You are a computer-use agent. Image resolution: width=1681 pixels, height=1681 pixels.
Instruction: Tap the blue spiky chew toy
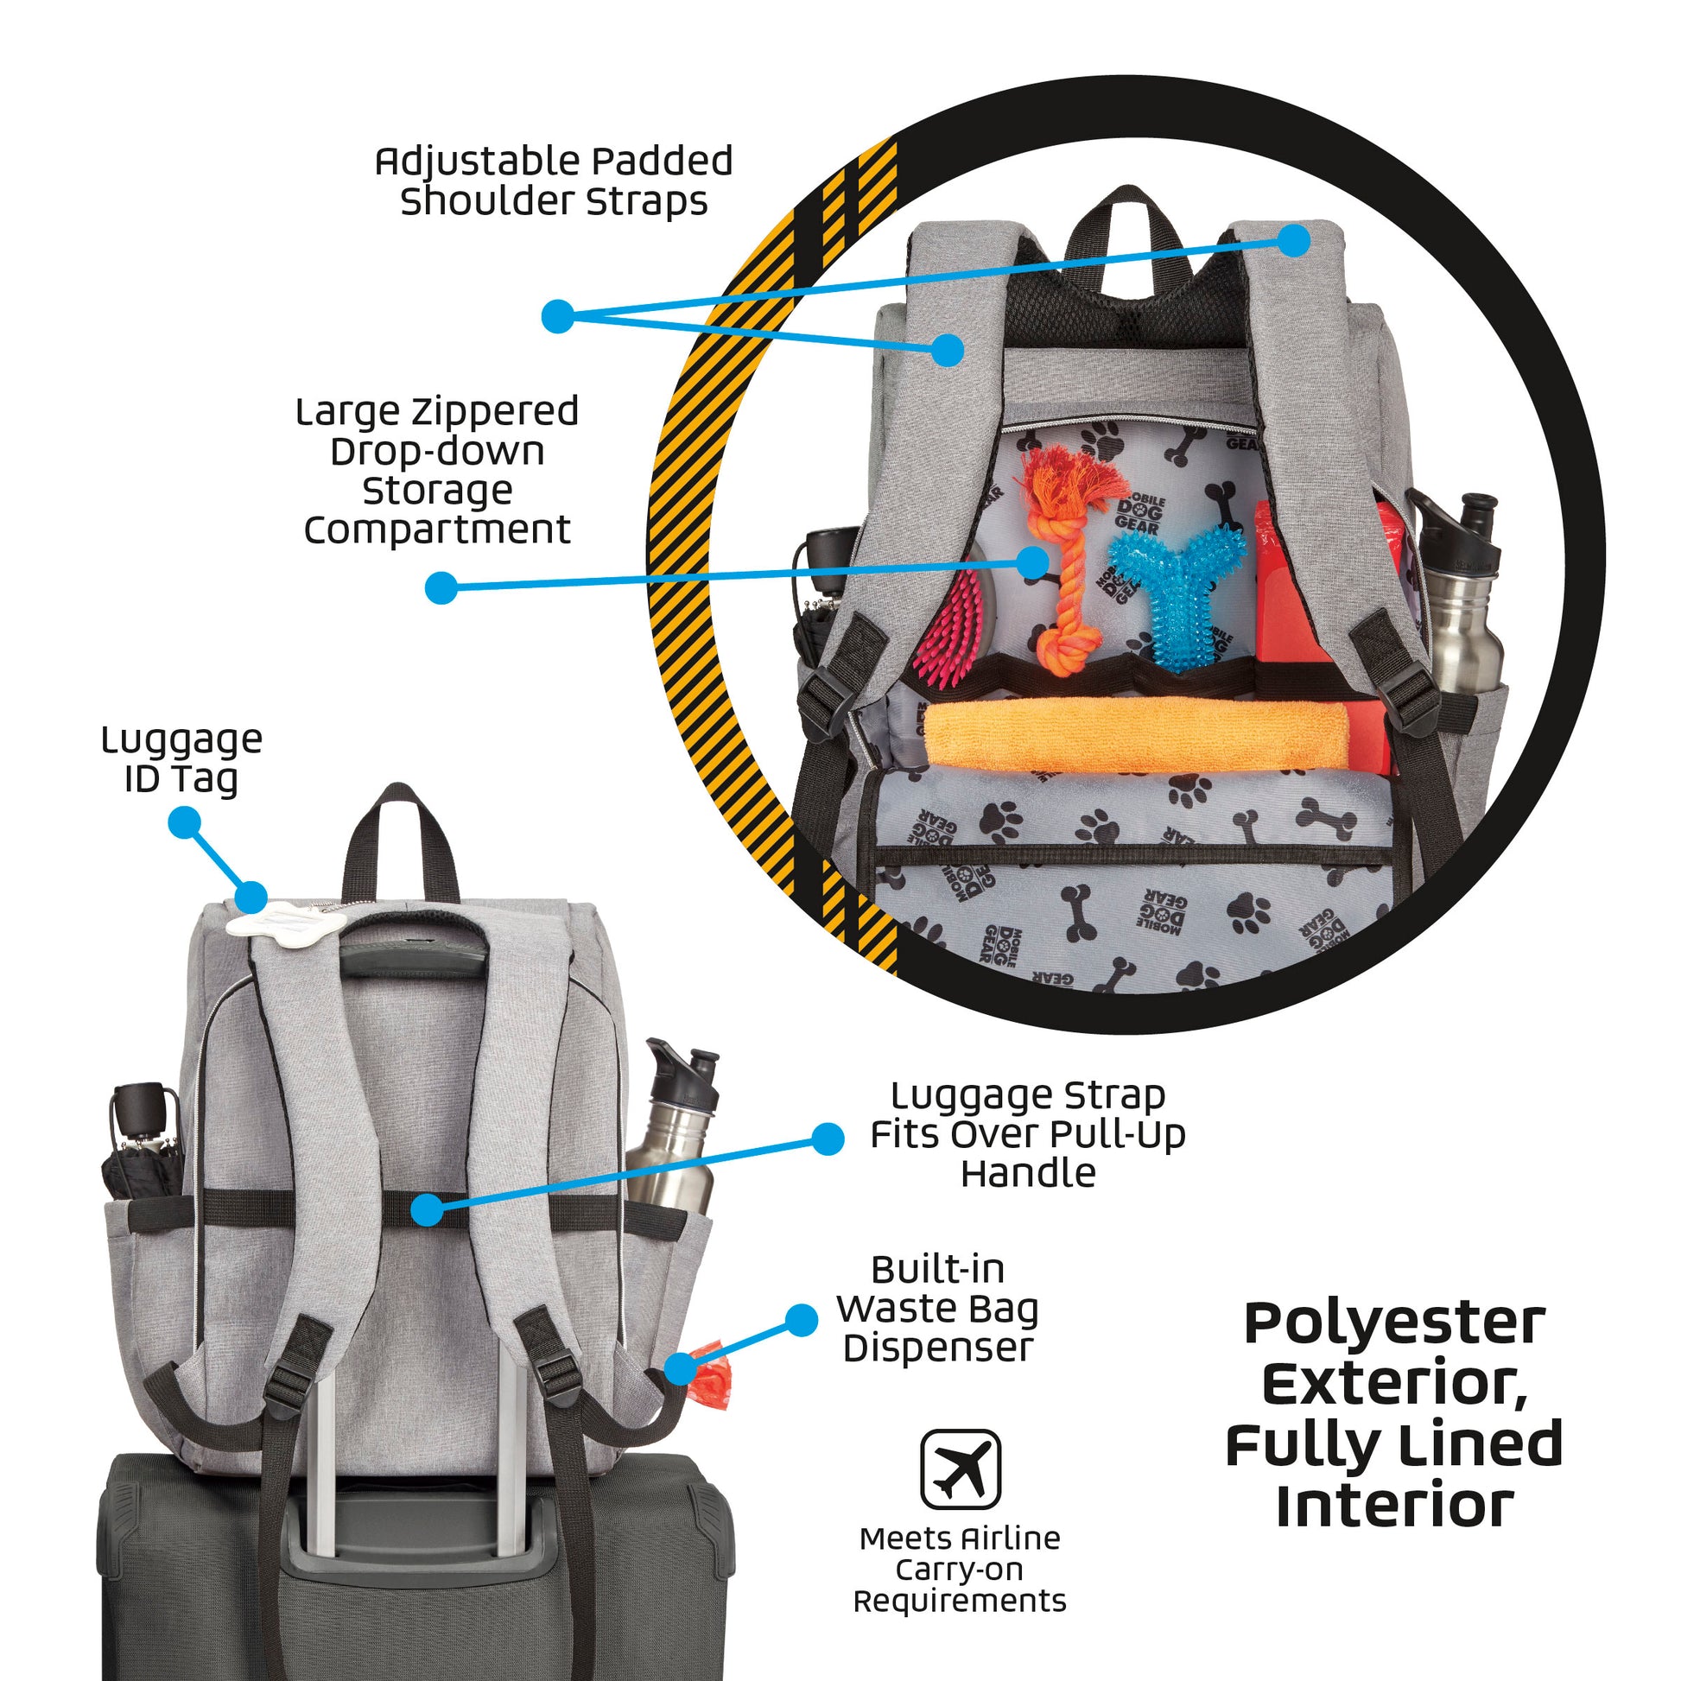pyautogui.click(x=1170, y=592)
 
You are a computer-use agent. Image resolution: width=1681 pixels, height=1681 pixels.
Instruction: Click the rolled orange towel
pyautogui.click(x=1131, y=735)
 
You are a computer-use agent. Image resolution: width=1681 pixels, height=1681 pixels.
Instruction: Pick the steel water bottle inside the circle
pyautogui.click(x=1462, y=600)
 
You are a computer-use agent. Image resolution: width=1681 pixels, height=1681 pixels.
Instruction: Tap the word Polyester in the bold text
pyautogui.click(x=1394, y=1325)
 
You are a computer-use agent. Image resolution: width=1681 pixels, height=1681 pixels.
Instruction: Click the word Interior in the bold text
pyautogui.click(x=1394, y=1508)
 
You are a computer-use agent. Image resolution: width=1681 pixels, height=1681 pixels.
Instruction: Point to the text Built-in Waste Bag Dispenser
pyautogui.click(x=938, y=1309)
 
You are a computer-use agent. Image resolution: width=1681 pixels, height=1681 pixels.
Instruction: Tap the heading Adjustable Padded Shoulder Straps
pyautogui.click(x=554, y=181)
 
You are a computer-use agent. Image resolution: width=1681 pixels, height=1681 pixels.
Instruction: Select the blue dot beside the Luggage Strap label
pyautogui.click(x=827, y=1138)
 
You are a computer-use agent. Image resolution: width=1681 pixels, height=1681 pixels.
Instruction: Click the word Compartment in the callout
pyautogui.click(x=437, y=530)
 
